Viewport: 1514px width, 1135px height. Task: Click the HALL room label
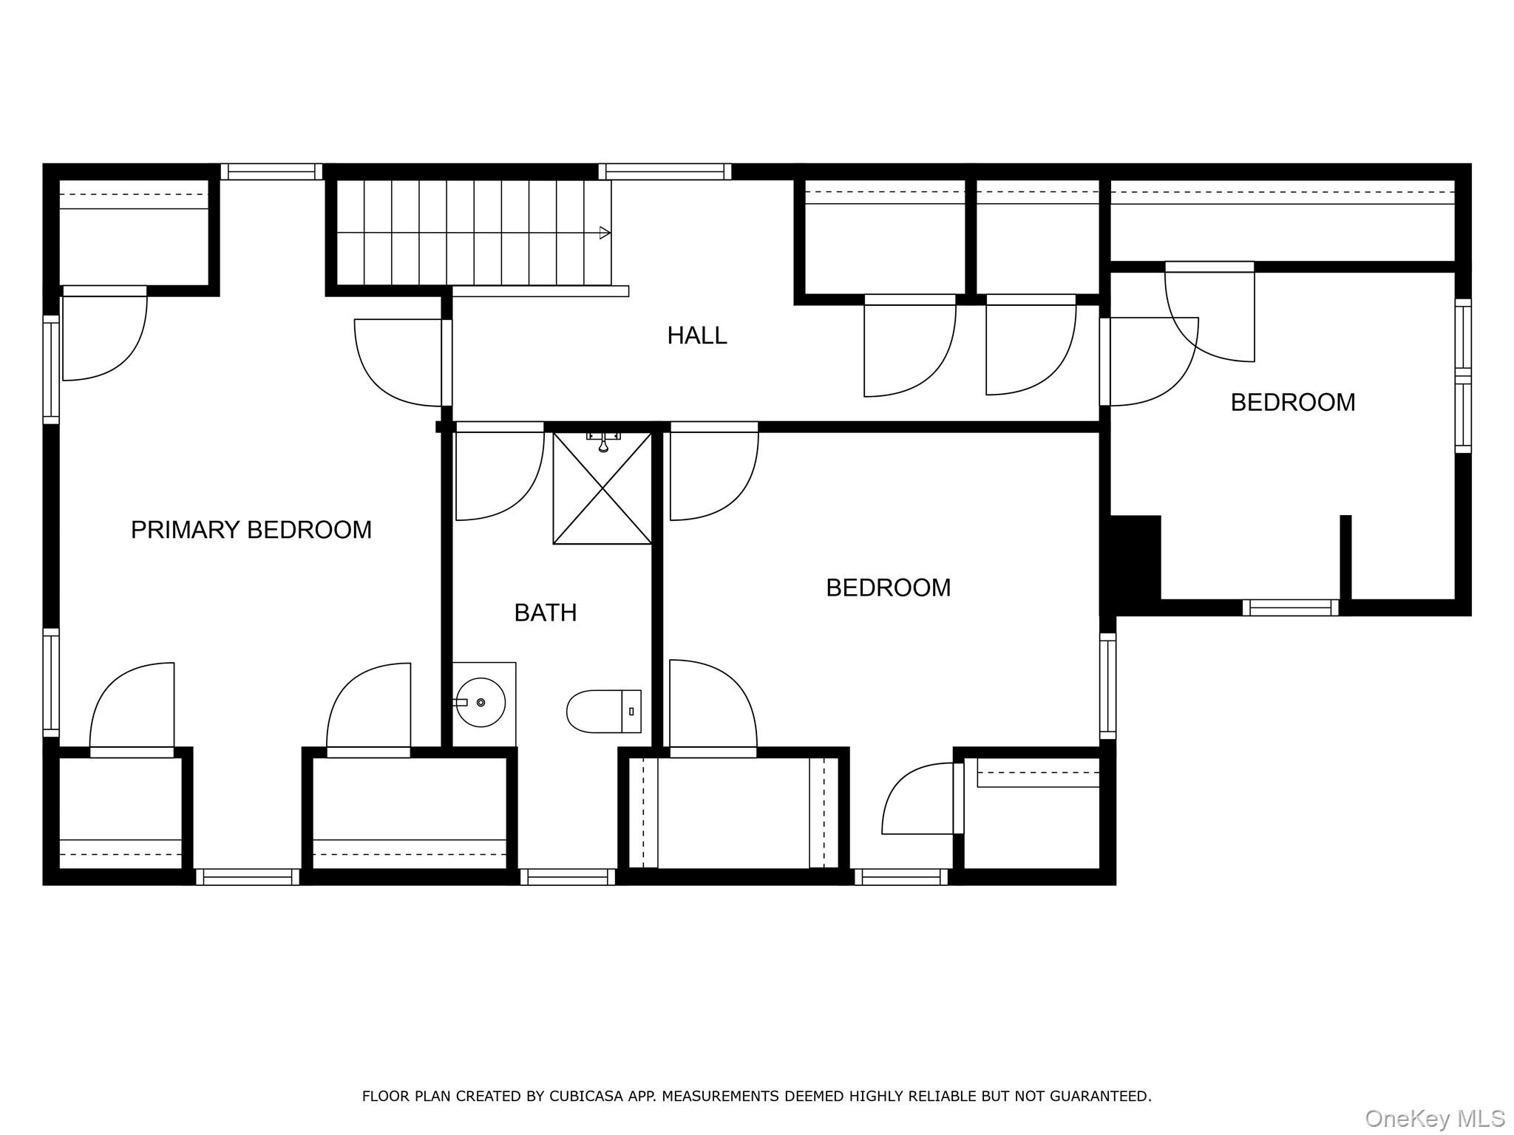point(696,335)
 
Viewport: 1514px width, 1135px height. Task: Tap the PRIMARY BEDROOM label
point(251,530)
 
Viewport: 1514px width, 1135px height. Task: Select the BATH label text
point(545,613)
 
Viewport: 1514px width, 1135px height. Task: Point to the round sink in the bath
point(481,702)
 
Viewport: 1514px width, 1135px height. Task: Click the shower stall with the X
point(602,489)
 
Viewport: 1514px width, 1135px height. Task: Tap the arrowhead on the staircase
point(605,233)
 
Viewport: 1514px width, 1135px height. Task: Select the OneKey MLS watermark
point(1434,1118)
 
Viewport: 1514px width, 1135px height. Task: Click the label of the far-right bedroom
point(1292,402)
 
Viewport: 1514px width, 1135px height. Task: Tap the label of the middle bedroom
point(888,587)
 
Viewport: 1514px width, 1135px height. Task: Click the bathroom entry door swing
point(499,473)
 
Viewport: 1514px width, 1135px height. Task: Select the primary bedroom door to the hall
point(399,362)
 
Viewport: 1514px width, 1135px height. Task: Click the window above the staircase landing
point(665,171)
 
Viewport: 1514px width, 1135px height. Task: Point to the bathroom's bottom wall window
point(568,877)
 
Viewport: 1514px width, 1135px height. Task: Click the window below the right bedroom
point(1290,607)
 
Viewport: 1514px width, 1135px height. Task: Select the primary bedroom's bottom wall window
point(248,877)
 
